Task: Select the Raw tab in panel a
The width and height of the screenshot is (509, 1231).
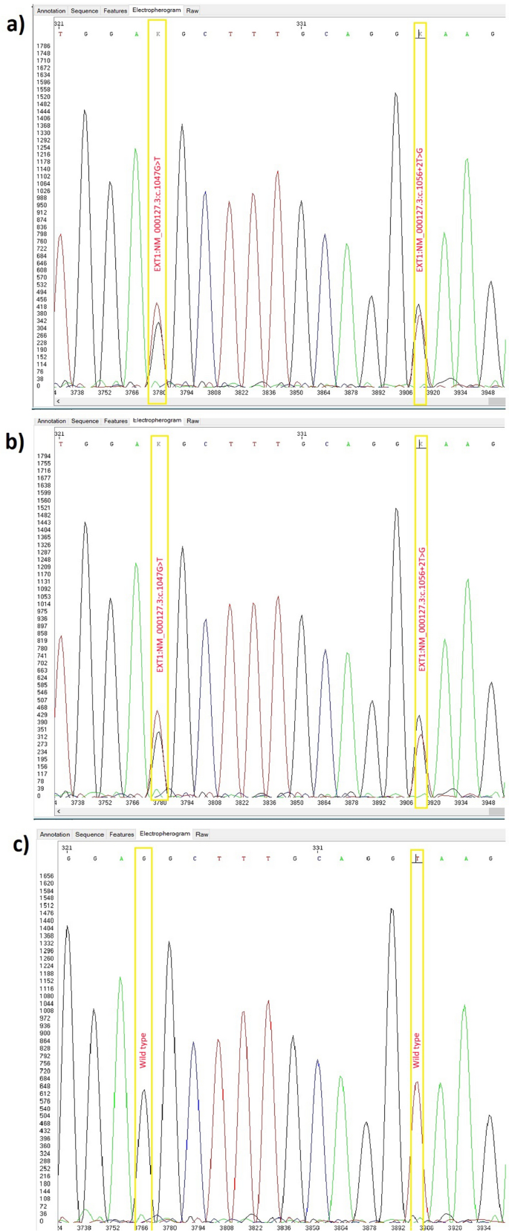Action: (192, 11)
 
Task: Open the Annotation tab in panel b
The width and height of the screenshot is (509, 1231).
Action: (52, 421)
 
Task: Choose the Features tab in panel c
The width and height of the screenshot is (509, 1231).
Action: (121, 835)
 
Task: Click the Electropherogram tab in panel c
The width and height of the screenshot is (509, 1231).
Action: (165, 835)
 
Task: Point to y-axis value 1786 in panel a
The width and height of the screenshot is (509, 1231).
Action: (43, 46)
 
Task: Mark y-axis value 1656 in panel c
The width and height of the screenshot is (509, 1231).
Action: (47, 876)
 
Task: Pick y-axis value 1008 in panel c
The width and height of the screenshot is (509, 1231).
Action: (47, 1010)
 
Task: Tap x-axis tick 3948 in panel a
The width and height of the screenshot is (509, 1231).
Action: (487, 392)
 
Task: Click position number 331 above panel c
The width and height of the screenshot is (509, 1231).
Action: (318, 847)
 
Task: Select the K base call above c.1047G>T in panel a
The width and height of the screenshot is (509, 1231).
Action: (158, 33)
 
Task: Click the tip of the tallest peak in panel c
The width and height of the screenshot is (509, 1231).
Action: (391, 908)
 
